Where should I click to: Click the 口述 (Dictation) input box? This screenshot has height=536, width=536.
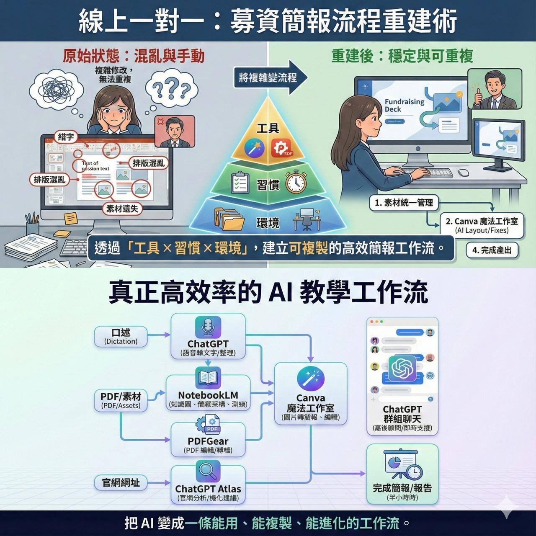click(x=121, y=337)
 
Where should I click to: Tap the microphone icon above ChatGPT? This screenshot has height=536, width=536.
click(x=208, y=327)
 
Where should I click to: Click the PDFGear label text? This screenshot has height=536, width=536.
click(x=208, y=441)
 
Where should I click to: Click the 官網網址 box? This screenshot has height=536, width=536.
click(x=121, y=482)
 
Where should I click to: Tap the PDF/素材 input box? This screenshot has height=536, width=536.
click(x=121, y=400)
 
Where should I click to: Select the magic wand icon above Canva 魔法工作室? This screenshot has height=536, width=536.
click(x=310, y=379)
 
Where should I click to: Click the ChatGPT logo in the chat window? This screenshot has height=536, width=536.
click(x=402, y=368)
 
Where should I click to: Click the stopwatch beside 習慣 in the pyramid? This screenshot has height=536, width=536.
click(x=296, y=183)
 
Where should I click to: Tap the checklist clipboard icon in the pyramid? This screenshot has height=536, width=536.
click(x=240, y=183)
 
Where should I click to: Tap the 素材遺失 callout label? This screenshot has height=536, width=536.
click(x=123, y=208)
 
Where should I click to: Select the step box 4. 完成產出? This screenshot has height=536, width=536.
click(x=492, y=250)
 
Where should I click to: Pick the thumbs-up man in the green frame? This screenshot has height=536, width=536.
click(x=495, y=89)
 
